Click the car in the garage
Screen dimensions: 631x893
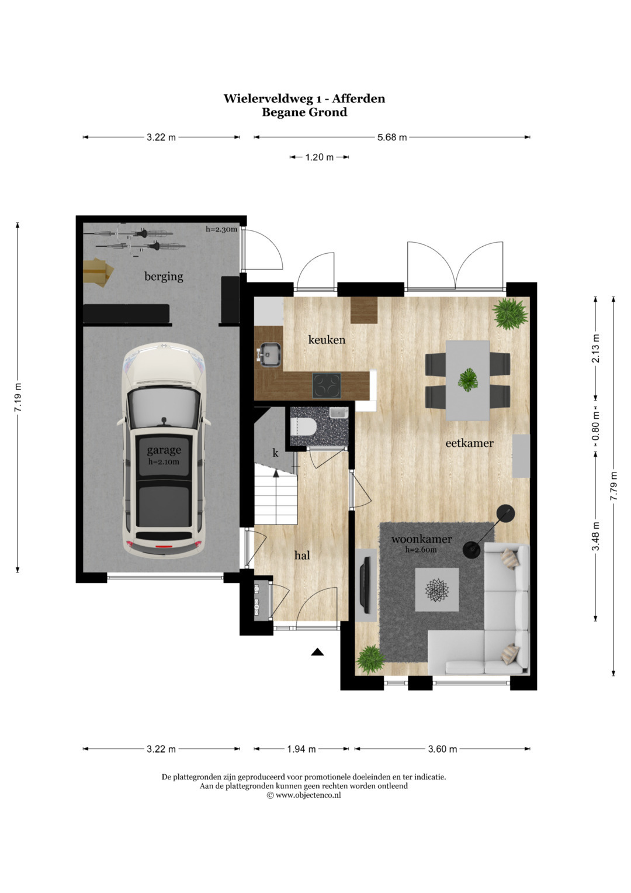click(164, 450)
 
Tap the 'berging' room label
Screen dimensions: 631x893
click(164, 276)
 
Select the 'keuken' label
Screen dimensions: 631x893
click(327, 340)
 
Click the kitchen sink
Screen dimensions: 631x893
click(269, 354)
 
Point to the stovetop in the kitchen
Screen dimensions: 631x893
click(327, 385)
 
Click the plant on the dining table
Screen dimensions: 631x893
click(467, 380)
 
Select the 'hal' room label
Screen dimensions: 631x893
click(302, 555)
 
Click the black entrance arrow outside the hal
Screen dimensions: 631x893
click(317, 652)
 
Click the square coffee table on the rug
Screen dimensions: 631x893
click(437, 589)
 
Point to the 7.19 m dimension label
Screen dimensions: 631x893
click(18, 398)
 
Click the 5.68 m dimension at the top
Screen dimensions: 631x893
click(392, 137)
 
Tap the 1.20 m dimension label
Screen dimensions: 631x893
click(320, 157)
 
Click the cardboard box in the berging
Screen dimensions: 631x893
click(98, 272)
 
